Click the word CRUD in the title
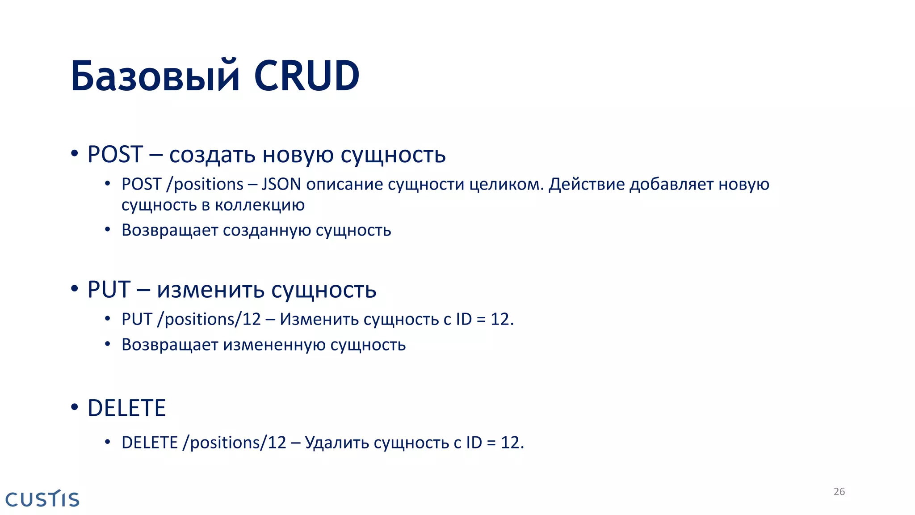tap(306, 76)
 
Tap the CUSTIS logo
tap(42, 499)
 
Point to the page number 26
tap(839, 492)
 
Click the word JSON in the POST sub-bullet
tap(281, 185)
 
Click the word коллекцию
tap(260, 205)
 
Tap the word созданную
tap(267, 231)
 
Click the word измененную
tap(274, 345)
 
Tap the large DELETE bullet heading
tap(126, 408)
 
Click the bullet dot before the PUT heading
tap(75, 289)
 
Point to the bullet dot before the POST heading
tap(75, 154)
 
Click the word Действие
tap(586, 185)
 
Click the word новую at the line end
tap(743, 185)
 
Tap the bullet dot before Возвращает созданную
tap(107, 230)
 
